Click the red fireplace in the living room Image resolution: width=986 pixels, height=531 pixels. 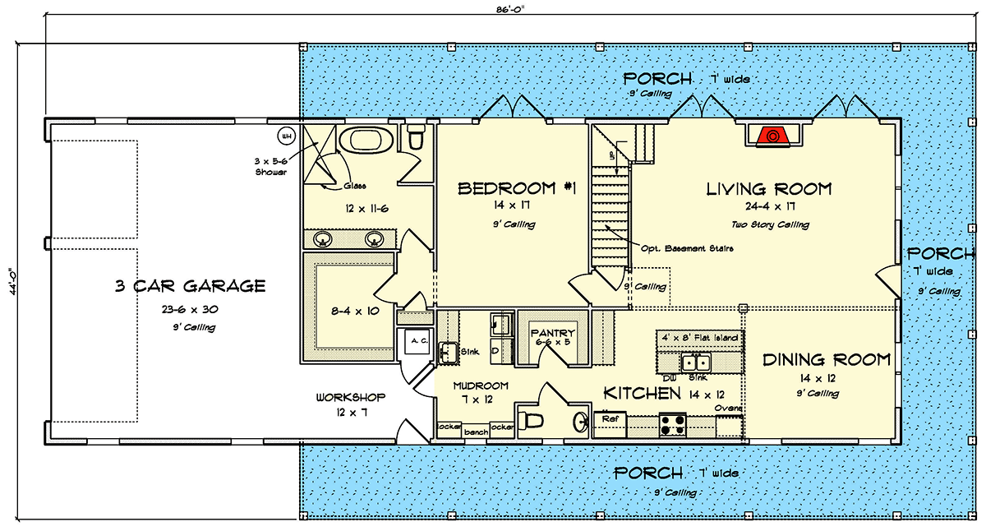772,136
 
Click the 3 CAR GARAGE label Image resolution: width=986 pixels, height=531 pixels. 190,286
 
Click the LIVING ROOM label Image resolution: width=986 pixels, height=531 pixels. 769,189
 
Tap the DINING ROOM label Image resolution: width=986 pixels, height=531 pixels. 826,360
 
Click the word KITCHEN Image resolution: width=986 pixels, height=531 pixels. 642,394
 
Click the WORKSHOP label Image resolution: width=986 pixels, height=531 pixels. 351,397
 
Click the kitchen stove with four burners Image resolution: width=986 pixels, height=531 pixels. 673,424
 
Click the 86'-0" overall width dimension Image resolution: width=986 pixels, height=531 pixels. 512,10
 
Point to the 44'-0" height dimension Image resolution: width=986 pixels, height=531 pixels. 11,284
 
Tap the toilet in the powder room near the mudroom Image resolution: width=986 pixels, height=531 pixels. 534,422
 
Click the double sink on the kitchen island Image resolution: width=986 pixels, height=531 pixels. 697,361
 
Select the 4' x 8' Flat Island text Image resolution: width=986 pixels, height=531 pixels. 701,338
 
